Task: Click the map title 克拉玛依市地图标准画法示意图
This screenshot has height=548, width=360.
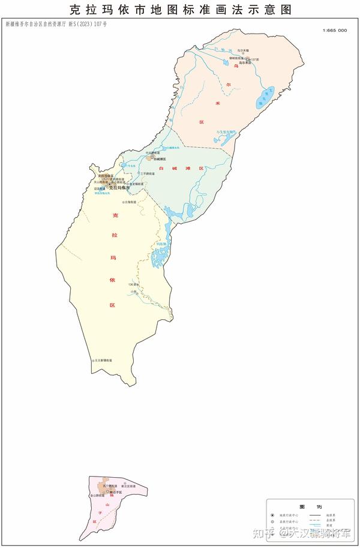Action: tap(180, 10)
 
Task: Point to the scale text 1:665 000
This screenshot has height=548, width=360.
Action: tap(335, 30)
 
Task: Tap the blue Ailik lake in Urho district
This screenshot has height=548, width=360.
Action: tap(266, 97)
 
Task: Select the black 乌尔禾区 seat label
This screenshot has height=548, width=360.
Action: tap(245, 62)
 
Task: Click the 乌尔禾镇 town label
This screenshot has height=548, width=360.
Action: tap(242, 50)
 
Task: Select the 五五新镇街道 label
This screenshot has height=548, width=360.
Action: tap(103, 360)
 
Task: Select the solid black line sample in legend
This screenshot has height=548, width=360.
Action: tap(316, 515)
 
